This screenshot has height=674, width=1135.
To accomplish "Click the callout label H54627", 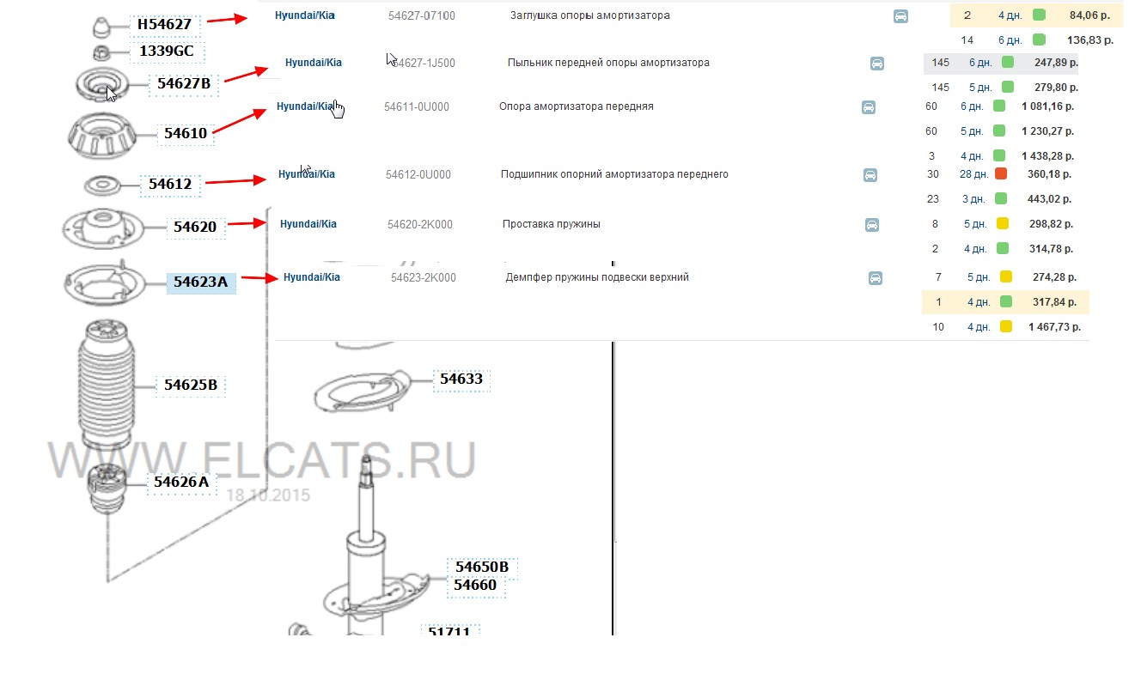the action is [x=164, y=24].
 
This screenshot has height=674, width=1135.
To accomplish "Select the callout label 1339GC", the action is [x=166, y=51].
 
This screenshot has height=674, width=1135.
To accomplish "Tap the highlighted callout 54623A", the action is [x=201, y=282].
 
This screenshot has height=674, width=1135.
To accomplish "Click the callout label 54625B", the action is [x=191, y=385].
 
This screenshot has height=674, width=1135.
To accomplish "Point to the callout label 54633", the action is [x=461, y=379].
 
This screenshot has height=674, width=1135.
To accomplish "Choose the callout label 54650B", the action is [x=482, y=567].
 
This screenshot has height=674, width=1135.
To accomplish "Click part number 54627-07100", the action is [x=422, y=15].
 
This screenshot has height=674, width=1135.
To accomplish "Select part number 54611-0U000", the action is [x=417, y=106].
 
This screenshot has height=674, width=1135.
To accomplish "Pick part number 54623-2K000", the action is [x=423, y=277].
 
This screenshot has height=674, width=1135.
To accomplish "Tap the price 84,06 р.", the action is [x=1089, y=15].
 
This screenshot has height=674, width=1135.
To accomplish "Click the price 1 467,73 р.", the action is [x=1054, y=327].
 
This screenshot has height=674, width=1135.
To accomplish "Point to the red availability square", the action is [x=1001, y=173].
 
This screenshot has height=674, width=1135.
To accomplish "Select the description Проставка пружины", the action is [x=552, y=224].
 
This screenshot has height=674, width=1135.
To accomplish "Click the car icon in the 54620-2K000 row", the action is [x=871, y=224].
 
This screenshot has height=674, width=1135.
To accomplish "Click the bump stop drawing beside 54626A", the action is [x=107, y=489].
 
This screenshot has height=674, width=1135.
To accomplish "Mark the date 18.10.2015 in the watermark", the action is [x=267, y=495].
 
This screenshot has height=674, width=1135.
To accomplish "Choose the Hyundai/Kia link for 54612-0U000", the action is [x=307, y=174].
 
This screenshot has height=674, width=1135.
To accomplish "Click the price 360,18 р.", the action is [x=1049, y=174].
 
